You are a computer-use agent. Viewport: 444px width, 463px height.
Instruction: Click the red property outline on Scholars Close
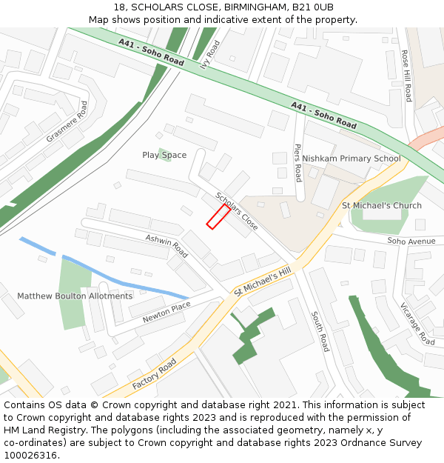(x=218, y=216)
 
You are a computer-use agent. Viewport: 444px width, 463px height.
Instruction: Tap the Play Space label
(x=164, y=155)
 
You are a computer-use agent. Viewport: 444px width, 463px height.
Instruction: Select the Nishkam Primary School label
(x=351, y=159)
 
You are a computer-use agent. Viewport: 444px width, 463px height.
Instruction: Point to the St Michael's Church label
(x=381, y=205)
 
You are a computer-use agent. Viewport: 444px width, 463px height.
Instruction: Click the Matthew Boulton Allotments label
(x=75, y=296)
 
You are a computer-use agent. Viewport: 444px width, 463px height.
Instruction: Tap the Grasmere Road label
(x=67, y=121)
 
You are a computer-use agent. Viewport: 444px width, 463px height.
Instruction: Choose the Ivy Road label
(x=210, y=54)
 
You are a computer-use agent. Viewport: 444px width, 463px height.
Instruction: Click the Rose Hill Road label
(x=406, y=76)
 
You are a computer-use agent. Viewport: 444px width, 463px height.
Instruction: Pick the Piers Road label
(x=298, y=162)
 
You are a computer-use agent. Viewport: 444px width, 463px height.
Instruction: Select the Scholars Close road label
(x=236, y=210)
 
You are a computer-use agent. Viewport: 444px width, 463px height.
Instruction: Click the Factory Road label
(x=154, y=375)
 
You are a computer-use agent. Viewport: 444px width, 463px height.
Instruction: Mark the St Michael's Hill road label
(x=263, y=282)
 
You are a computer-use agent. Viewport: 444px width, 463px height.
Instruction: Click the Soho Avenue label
(x=411, y=242)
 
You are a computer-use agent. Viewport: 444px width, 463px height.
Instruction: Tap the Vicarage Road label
(x=417, y=324)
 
